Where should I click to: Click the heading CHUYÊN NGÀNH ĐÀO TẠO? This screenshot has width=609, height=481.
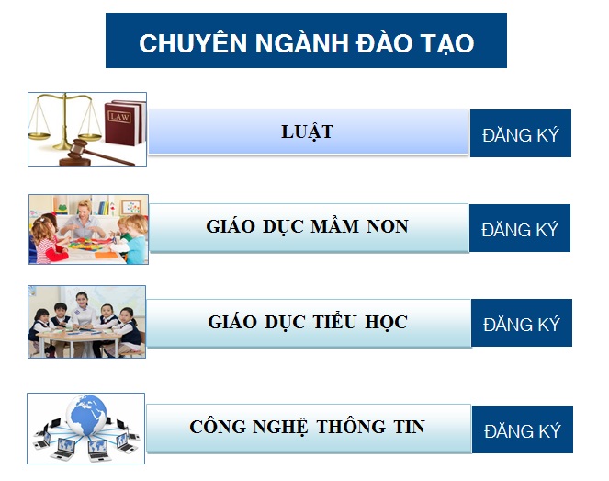click(307, 42)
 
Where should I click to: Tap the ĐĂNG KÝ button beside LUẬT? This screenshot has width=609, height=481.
click(521, 133)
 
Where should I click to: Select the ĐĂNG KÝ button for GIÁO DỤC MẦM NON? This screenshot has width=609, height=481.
click(520, 228)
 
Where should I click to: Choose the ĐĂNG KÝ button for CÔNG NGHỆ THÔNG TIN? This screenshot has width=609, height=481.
click(523, 429)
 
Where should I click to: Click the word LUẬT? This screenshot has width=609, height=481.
click(307, 132)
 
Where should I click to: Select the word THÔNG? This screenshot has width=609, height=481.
click(351, 426)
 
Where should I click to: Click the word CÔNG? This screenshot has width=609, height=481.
click(218, 426)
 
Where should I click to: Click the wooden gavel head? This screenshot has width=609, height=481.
click(78, 147)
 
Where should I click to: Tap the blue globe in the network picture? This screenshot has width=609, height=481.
click(86, 415)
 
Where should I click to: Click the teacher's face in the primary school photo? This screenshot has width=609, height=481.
click(82, 300)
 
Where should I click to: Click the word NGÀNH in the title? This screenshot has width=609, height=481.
click(302, 42)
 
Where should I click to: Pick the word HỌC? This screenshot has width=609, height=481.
click(386, 322)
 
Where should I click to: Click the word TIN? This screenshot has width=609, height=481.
click(410, 427)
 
